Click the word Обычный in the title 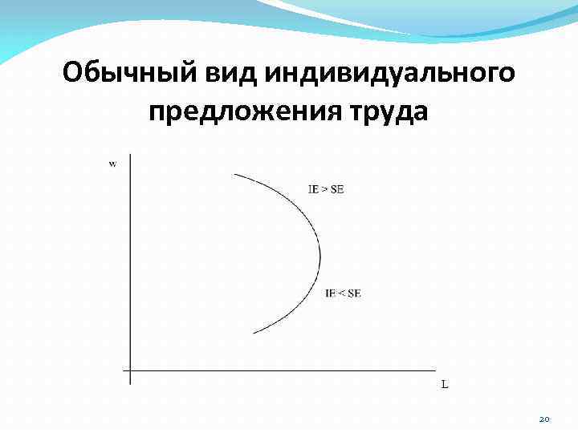(125, 75)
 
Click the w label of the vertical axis (112, 164)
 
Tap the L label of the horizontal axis (445, 384)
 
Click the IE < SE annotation (343, 293)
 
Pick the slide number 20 (544, 419)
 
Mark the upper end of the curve (234, 174)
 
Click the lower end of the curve (253, 333)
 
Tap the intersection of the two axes (129, 371)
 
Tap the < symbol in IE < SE (341, 293)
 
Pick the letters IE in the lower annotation (330, 293)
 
